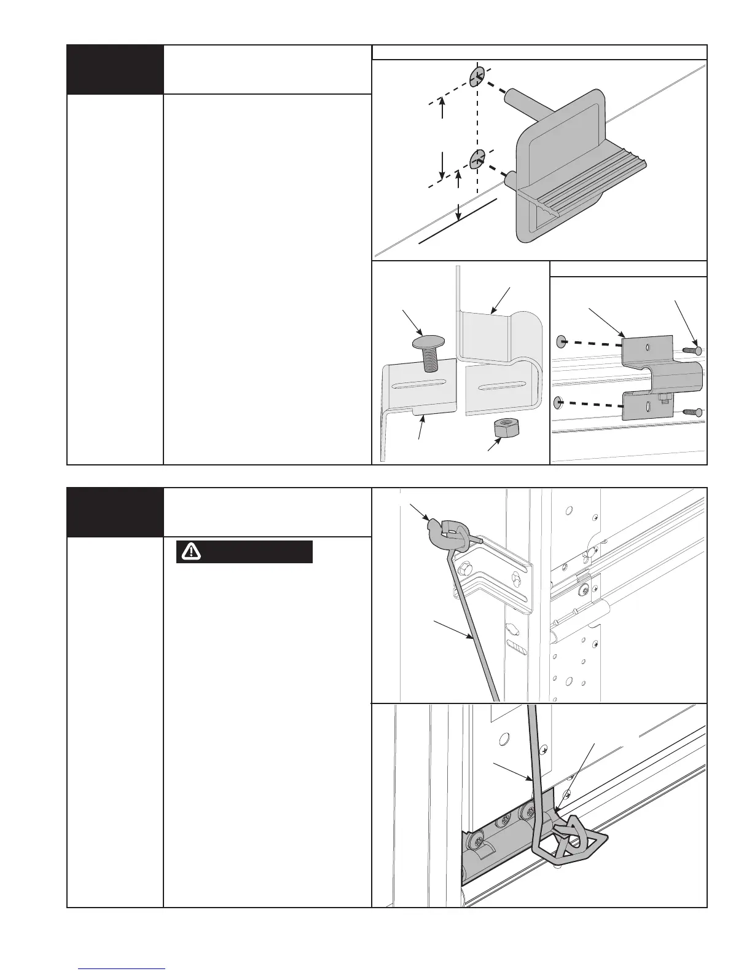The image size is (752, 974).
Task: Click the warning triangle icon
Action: [x=192, y=552]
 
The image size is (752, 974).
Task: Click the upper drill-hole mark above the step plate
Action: [x=477, y=77]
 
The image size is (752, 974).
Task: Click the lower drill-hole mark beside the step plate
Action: [x=477, y=160]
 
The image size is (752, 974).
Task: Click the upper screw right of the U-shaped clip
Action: [x=691, y=349]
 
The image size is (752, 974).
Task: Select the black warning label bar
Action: [x=245, y=552]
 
